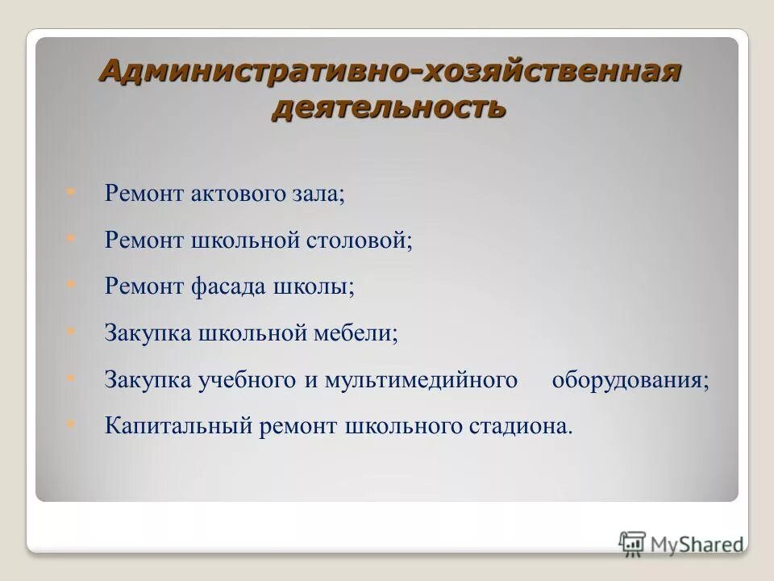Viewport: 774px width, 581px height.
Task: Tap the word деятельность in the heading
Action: [389, 107]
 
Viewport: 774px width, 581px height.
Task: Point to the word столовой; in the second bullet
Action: [360, 240]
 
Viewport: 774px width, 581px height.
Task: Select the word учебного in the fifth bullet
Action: [248, 380]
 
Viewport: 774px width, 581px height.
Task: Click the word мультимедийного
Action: [421, 380]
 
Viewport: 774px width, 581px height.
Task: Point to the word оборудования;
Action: [630, 380]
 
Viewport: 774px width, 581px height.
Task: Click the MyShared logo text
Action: [697, 543]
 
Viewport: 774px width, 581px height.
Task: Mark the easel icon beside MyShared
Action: [633, 542]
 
